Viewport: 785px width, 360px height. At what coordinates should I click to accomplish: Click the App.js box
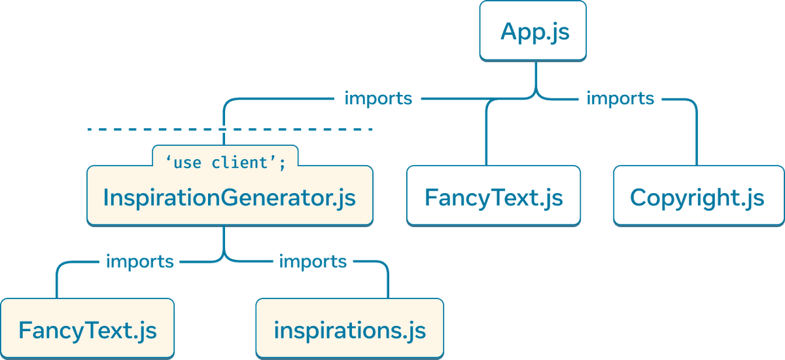[533, 31]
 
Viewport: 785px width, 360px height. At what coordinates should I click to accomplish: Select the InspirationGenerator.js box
[230, 196]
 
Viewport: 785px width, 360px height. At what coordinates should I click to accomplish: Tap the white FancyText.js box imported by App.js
[493, 196]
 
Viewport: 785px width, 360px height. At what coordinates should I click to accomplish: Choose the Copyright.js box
[697, 196]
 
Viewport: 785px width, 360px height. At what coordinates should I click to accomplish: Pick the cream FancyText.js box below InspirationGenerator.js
[88, 329]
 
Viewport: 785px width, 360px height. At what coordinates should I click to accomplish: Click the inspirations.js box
[349, 329]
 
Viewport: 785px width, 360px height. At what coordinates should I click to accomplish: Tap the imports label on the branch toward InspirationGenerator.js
[378, 99]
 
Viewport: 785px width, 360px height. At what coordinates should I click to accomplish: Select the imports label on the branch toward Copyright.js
[620, 99]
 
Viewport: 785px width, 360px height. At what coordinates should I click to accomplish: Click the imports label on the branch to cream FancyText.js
[139, 262]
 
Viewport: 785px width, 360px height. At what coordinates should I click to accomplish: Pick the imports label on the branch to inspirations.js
[313, 262]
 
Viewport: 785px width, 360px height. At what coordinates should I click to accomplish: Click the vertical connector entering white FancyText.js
[487, 137]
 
